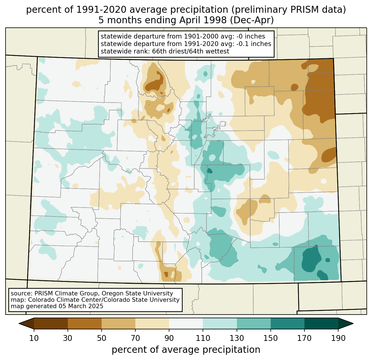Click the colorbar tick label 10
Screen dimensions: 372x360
point(34,338)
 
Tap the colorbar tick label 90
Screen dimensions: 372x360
point(169,338)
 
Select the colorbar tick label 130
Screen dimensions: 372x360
point(237,338)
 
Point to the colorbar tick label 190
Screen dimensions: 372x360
point(338,338)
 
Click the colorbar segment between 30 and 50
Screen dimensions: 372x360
point(84,323)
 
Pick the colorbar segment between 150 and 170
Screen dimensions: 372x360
point(288,323)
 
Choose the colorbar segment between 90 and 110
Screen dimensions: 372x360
point(186,323)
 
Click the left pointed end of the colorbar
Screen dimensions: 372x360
point(19,323)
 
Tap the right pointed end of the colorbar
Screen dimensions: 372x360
point(353,323)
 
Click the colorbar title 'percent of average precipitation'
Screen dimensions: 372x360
point(186,350)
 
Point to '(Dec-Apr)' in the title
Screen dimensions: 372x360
point(252,21)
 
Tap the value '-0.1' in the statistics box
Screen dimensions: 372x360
point(242,44)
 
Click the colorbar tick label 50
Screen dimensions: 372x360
point(102,338)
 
